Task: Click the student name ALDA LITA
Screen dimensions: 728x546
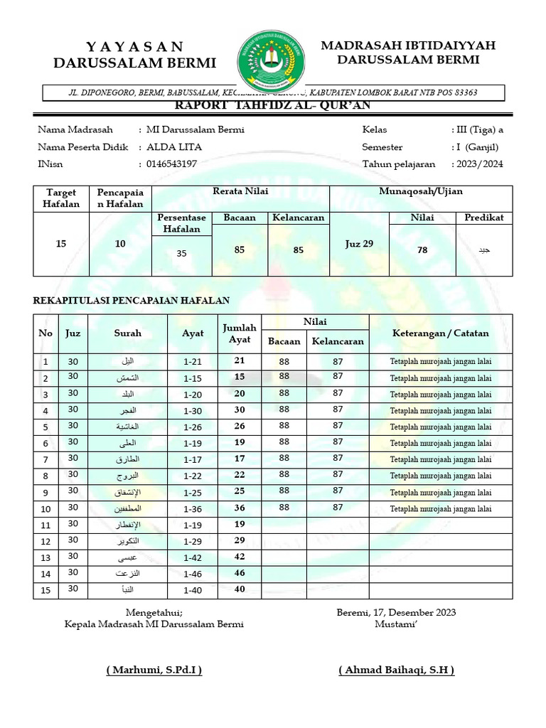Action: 174,147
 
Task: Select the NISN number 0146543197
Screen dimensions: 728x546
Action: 171,164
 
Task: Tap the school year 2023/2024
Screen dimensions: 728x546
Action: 476,164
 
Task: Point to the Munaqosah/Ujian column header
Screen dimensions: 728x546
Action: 420,192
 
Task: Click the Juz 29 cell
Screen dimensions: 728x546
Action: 359,244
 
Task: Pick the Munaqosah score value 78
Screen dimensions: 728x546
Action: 422,250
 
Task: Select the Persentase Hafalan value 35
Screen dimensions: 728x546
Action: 181,253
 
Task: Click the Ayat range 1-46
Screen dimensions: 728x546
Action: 193,573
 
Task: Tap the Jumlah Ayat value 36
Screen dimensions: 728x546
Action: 240,508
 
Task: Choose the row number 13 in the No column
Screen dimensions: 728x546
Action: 46,557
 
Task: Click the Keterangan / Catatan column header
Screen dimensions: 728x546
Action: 440,333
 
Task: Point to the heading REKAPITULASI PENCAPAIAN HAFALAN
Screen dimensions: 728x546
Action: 132,301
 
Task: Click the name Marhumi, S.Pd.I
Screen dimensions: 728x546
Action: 154,670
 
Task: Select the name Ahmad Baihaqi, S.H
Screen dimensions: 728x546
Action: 397,670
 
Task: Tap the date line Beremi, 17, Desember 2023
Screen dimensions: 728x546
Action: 396,612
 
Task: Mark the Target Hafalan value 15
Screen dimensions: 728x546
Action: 61,244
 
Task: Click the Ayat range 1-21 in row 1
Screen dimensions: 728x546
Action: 193,361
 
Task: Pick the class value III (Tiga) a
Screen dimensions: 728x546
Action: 477,129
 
